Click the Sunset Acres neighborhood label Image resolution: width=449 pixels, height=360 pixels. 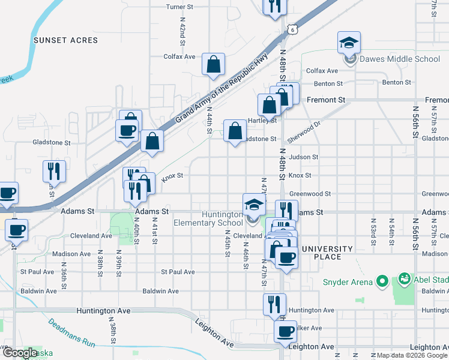click(65, 40)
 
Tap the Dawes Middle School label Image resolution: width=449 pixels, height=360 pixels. click(400, 59)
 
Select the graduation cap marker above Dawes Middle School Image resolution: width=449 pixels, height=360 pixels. click(348, 43)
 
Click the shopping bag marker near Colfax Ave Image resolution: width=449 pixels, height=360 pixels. click(213, 64)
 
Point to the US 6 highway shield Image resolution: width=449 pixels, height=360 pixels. click(291, 29)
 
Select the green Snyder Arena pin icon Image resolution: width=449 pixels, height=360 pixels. click(381, 281)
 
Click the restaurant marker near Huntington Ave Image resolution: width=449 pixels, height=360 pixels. click(274, 304)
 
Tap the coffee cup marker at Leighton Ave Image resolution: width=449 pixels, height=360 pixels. click(285, 331)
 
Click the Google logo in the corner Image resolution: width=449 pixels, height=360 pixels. click(20, 353)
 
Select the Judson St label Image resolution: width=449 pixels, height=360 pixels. click(303, 157)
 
